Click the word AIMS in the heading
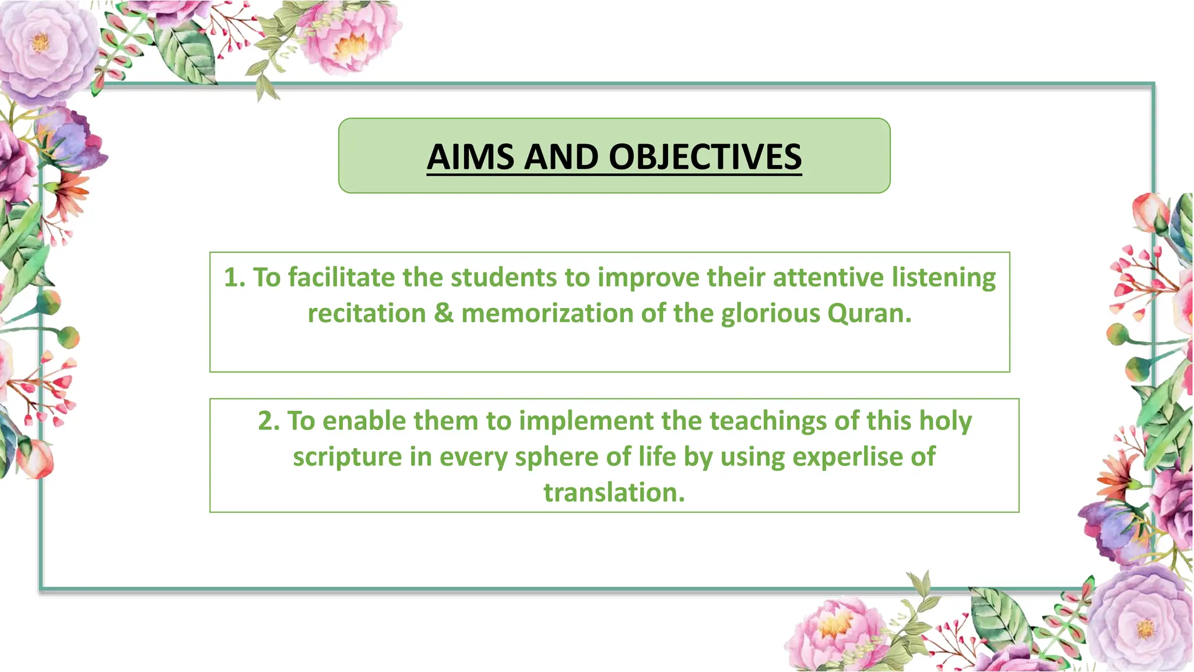[470, 157]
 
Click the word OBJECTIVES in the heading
[705, 157]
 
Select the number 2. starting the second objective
[269, 421]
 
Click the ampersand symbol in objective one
[443, 314]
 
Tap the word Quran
[869, 314]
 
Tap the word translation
[614, 493]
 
